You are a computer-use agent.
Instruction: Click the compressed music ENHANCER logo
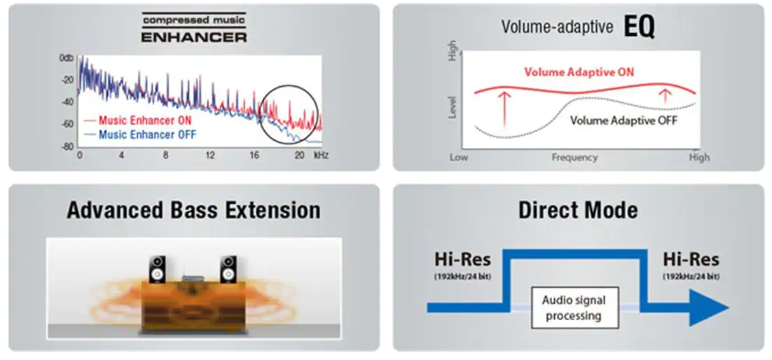[x=194, y=27]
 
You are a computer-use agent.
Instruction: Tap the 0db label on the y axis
[x=67, y=59]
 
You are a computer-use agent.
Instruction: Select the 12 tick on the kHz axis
[x=210, y=155]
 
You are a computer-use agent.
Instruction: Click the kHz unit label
[x=322, y=155]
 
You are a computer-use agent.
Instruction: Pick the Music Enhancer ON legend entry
[x=138, y=120]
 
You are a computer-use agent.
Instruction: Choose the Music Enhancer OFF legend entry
[x=140, y=134]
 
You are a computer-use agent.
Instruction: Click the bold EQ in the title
[x=640, y=28]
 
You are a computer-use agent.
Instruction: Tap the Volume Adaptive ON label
[x=579, y=72]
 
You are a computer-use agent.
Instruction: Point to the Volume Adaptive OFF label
[x=623, y=120]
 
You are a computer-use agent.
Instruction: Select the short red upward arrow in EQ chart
[x=665, y=95]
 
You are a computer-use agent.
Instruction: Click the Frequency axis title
[x=574, y=158]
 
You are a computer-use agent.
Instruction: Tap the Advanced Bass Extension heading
[x=193, y=210]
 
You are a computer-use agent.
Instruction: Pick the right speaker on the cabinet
[x=228, y=270]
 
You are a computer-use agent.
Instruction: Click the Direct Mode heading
[x=578, y=210]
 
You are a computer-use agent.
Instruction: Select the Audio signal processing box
[x=574, y=307]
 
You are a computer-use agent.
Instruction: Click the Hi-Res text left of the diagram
[x=462, y=260]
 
